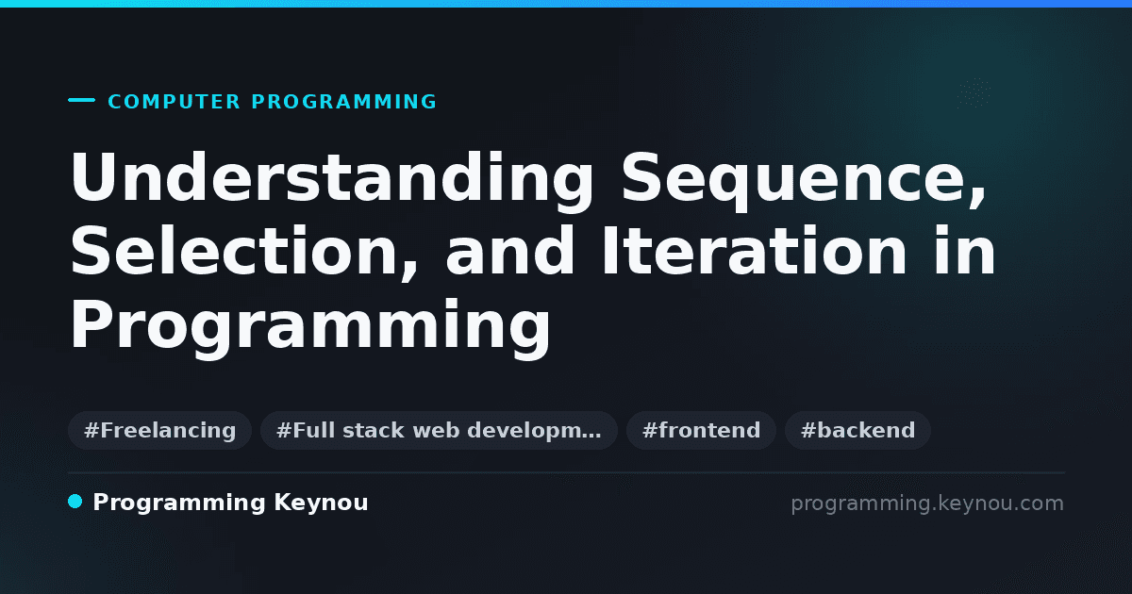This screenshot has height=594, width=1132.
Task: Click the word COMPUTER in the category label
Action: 174,102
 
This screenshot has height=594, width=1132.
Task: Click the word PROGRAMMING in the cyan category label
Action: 343,102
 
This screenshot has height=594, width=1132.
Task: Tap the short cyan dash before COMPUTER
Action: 81,100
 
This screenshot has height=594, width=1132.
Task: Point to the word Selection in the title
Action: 235,251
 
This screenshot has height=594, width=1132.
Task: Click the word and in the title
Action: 509,251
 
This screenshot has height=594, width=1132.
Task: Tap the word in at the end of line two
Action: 965,251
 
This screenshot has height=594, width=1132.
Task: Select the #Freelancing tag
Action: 159,430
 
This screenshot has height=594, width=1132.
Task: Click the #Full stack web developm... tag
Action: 439,430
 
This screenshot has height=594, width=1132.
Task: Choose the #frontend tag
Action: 701,430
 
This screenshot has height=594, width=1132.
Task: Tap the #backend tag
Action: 857,430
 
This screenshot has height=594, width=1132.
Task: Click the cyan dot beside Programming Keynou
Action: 75,502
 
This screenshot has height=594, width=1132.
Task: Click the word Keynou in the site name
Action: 321,503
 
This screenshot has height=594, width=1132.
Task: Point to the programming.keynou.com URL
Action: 927,503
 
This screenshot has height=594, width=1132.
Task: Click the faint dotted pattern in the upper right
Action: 974,93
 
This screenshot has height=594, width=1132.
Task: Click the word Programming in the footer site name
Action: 179,503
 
